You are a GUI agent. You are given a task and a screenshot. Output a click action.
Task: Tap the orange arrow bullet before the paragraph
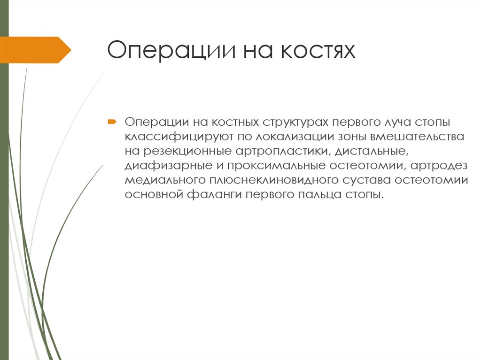(x=111, y=122)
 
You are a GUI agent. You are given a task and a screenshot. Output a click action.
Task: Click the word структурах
(x=296, y=122)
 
